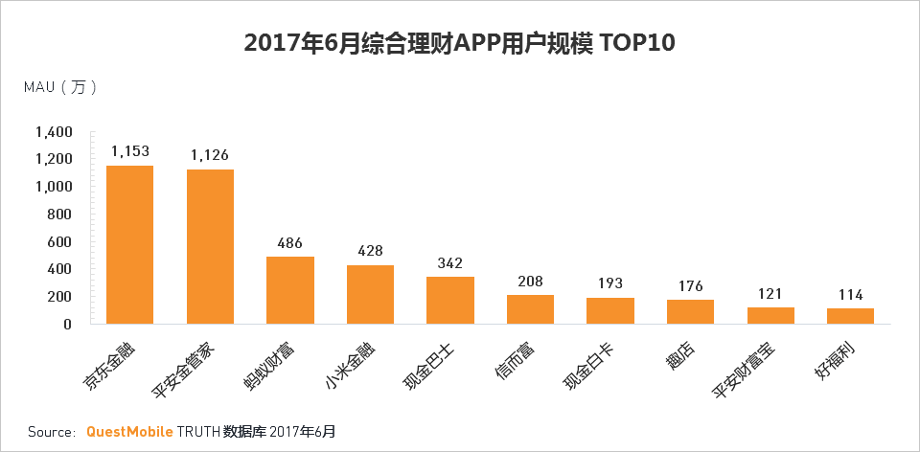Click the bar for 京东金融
pos(129,245)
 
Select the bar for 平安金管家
pos(210,247)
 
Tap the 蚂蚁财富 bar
pos(290,290)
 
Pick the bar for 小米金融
pos(370,294)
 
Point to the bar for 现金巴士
pos(450,300)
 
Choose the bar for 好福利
pos(851,315)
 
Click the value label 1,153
pos(129,151)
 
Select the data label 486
pos(290,243)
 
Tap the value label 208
pos(530,282)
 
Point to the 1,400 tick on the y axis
pos(54,132)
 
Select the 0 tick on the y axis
pos(68,324)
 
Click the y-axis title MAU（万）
pos(60,87)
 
